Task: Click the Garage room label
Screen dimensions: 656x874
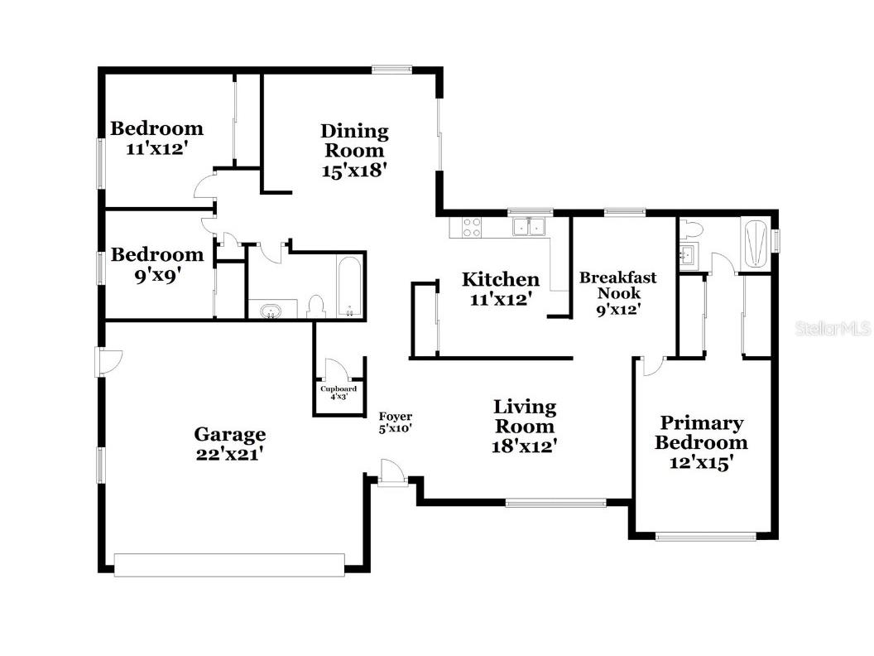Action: tap(229, 434)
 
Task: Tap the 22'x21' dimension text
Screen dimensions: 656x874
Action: tap(229, 454)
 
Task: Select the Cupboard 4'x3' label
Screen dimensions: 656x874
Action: tap(339, 392)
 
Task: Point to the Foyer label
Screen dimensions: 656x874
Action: tap(395, 417)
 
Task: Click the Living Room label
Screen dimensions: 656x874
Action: tap(525, 417)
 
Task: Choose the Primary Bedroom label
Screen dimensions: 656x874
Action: tap(701, 433)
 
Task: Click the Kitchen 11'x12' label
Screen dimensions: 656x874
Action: tap(500, 288)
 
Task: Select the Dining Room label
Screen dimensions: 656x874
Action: tap(354, 141)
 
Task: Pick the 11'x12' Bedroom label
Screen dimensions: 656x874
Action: tap(156, 138)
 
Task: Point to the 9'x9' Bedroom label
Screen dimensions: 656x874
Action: tap(156, 263)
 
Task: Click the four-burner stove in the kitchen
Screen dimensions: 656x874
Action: tap(471, 227)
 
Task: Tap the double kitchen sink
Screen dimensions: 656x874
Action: tap(529, 226)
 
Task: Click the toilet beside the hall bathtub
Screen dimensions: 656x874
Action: tap(315, 306)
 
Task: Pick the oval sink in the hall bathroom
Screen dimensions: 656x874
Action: tap(271, 310)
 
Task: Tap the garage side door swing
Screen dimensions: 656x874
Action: tap(108, 360)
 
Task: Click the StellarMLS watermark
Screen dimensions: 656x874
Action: tap(833, 329)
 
